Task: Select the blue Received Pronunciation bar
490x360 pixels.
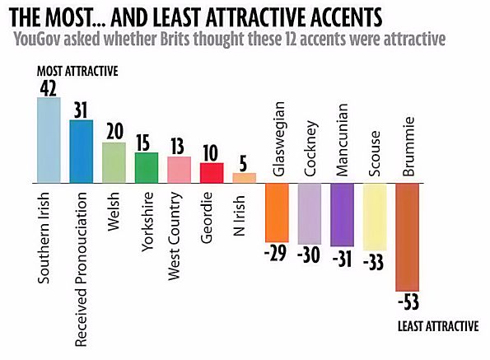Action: (x=82, y=151)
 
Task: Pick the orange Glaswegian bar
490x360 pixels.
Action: (x=277, y=211)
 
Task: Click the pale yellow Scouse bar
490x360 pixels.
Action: (x=375, y=217)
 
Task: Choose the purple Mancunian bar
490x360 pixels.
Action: (x=342, y=214)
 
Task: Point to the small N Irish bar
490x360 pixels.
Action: (x=245, y=177)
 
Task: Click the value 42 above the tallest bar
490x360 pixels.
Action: (x=49, y=87)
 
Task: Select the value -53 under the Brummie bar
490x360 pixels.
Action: (x=409, y=302)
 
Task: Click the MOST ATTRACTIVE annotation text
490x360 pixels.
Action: (x=78, y=72)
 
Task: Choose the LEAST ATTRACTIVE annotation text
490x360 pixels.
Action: (x=437, y=326)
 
